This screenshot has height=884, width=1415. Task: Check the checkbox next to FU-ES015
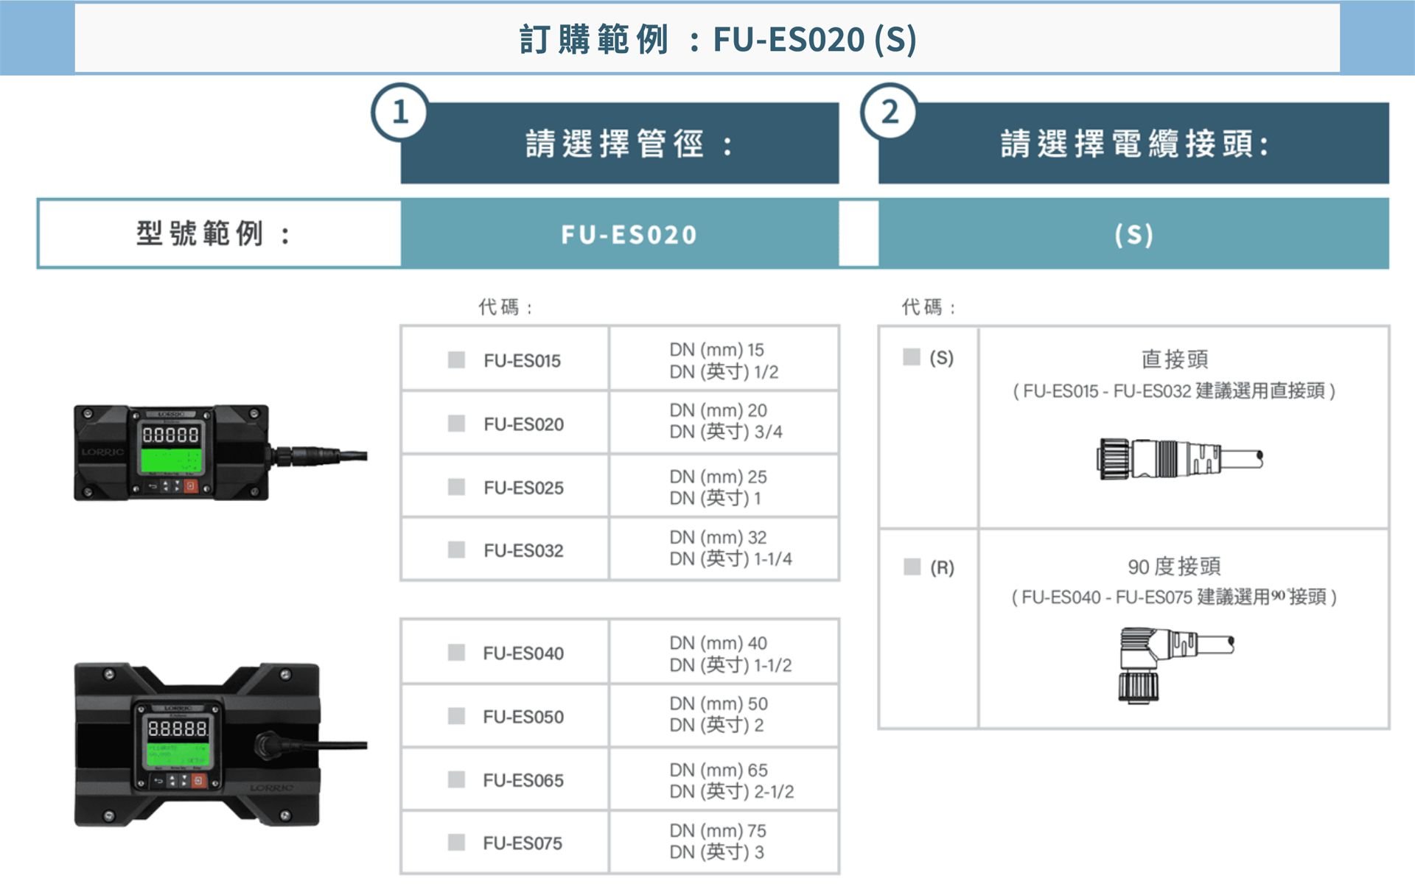[456, 359]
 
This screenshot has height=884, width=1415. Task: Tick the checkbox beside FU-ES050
[456, 716]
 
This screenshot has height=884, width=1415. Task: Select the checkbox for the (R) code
[912, 566]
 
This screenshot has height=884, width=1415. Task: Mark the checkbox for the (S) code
[912, 357]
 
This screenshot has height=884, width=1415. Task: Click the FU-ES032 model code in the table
[523, 550]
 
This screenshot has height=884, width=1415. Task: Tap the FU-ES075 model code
[523, 843]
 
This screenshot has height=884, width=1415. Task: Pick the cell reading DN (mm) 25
[718, 477]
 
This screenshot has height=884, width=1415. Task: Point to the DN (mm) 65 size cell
[719, 770]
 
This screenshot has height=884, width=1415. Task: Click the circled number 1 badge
[400, 112]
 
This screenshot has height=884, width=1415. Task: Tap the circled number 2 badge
[890, 112]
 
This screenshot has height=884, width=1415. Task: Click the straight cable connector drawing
[1179, 458]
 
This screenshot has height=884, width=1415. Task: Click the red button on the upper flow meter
[191, 486]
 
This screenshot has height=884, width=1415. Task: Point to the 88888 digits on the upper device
[170, 435]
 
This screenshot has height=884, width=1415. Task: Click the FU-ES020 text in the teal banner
[629, 234]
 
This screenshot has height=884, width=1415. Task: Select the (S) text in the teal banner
[1133, 234]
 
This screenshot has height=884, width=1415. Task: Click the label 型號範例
[199, 234]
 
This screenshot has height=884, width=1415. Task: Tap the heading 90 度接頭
[1174, 566]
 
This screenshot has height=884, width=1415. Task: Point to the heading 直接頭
[1175, 359]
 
